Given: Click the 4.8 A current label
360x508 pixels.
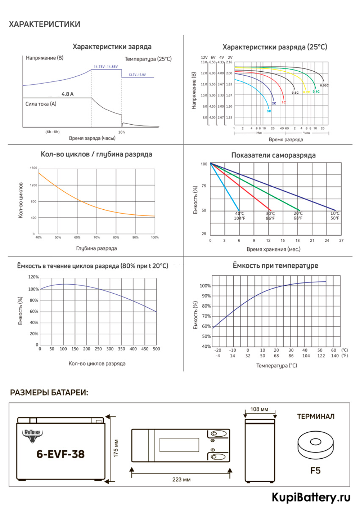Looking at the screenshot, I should click(67, 94).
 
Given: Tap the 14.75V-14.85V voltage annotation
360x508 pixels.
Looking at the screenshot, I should click(105, 67).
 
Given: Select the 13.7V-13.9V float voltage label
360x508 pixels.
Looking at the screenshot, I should click(137, 75).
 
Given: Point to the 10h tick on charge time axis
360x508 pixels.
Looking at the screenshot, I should click(122, 132).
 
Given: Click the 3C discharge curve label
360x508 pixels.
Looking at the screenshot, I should click(269, 111).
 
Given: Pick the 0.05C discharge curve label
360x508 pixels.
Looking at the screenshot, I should click(324, 85).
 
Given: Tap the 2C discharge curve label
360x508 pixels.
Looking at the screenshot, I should click(274, 103).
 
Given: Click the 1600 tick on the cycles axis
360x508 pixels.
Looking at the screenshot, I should click(33, 168).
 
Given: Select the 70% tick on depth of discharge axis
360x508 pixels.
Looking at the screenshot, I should click(96, 237).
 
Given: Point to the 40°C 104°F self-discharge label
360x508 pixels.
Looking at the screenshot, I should click(239, 216).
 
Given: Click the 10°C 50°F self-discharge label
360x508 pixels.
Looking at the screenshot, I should click(335, 216).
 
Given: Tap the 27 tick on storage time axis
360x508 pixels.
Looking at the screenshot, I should click(341, 240).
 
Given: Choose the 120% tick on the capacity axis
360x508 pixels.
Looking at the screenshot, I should click(33, 277).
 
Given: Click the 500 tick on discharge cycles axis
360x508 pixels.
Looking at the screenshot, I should click(156, 349).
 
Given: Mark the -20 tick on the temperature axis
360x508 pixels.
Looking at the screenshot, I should click(218, 350).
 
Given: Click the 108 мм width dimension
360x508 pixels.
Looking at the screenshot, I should click(259, 409).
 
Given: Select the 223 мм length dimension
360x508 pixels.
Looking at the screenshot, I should click(181, 480).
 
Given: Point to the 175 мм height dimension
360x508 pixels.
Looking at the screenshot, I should click(116, 448).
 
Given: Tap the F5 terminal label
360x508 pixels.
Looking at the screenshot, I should click(315, 471).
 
